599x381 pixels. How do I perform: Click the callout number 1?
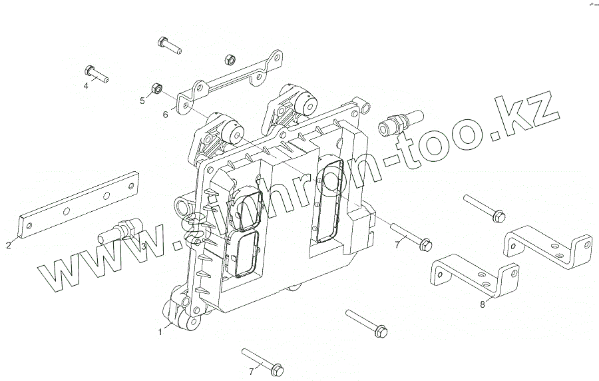(160, 330)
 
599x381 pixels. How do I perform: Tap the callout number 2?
(9, 245)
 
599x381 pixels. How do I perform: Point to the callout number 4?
(86, 85)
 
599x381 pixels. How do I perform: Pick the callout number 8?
(483, 304)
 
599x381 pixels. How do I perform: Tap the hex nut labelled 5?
(158, 88)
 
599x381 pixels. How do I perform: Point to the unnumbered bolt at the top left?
(169, 45)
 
